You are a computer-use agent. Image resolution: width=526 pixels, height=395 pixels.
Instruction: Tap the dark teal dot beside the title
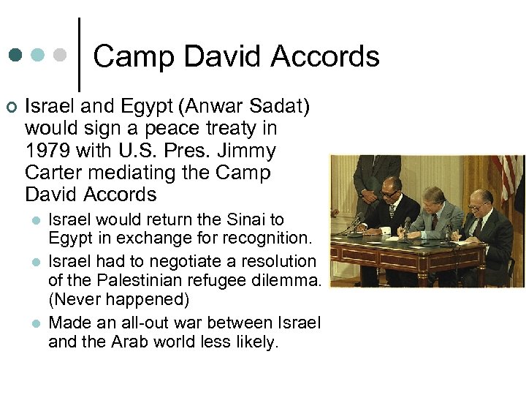pyautogui.click(x=15, y=55)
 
